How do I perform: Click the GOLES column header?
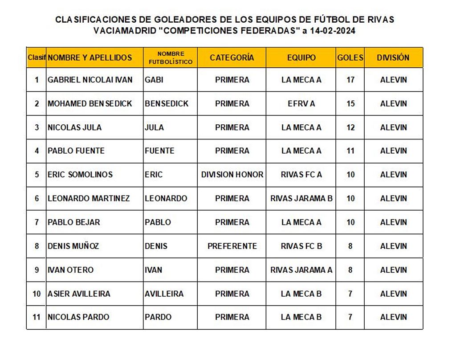(x=350, y=57)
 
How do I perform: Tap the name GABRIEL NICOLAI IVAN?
(x=90, y=80)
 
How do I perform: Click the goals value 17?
(x=350, y=80)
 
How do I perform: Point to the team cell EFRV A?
(x=301, y=103)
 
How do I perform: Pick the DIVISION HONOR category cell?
(x=232, y=175)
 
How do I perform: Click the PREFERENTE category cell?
(x=232, y=246)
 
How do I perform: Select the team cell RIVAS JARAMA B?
(x=301, y=198)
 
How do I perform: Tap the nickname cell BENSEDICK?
(x=167, y=103)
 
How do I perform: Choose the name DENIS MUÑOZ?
(x=73, y=246)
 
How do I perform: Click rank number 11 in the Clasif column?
(x=37, y=317)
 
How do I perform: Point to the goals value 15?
(x=350, y=103)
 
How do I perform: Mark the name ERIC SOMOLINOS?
(x=80, y=175)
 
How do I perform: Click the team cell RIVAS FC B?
(x=301, y=246)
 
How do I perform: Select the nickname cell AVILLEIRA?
(x=164, y=294)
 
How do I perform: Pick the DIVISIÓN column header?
(x=393, y=57)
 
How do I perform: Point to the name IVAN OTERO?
(x=71, y=270)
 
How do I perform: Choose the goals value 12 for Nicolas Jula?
(x=350, y=127)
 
